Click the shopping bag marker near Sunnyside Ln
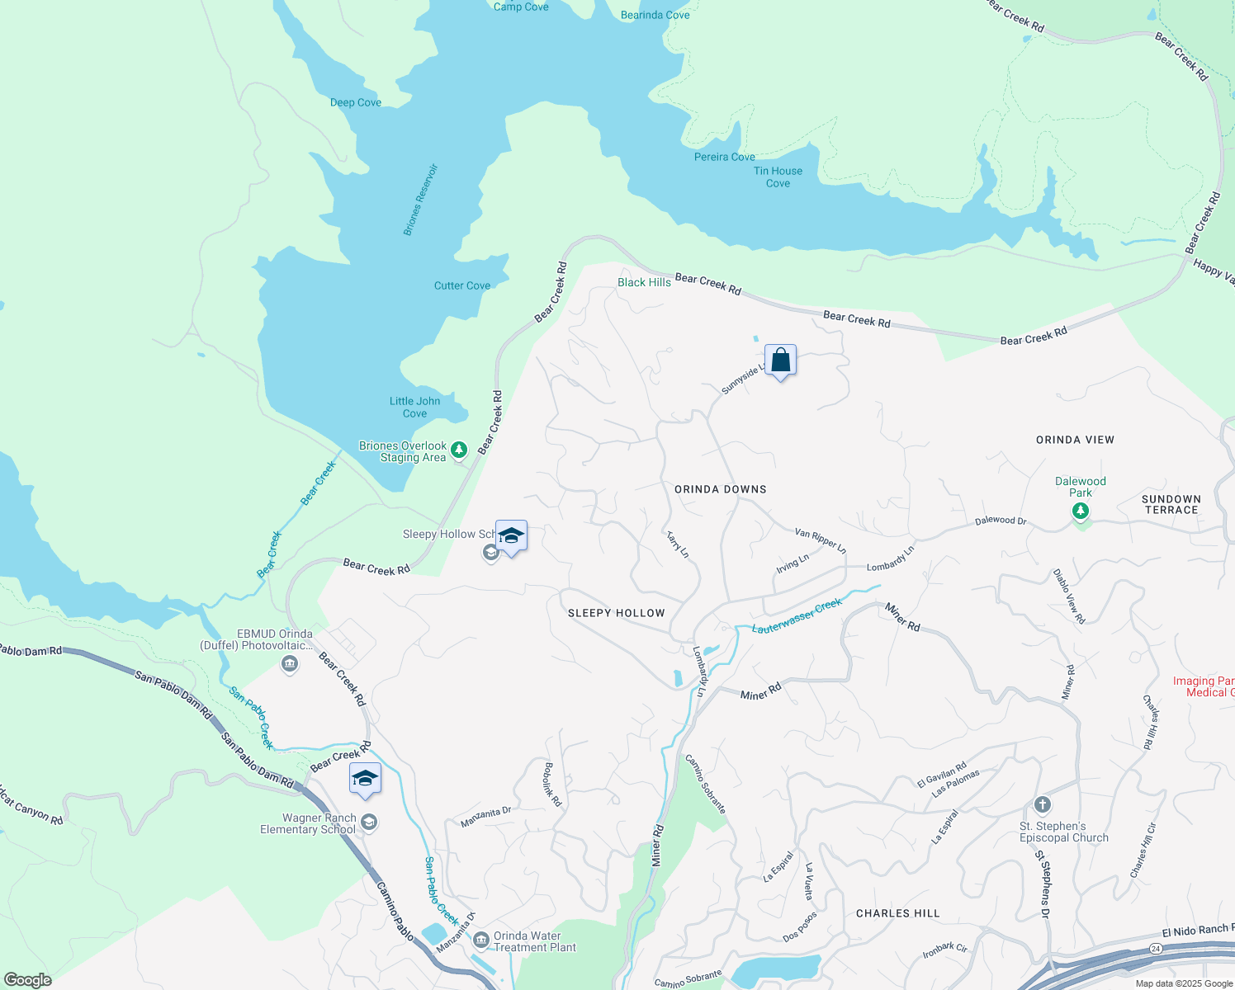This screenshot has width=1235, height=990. [x=780, y=361]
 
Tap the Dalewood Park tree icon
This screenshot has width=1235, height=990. [x=1080, y=511]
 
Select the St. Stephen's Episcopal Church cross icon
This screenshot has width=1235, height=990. [x=1042, y=804]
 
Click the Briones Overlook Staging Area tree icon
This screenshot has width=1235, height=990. [x=459, y=450]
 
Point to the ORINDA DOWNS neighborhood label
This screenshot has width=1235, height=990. [x=720, y=489]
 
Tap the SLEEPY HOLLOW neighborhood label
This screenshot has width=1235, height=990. [x=616, y=613]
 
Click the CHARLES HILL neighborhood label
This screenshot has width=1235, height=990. [x=897, y=913]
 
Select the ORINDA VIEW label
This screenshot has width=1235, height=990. [x=1075, y=440]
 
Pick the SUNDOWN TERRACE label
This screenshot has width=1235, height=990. [x=1171, y=505]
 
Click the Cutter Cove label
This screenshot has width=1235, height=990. [x=461, y=285]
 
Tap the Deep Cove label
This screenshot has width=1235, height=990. [x=355, y=102]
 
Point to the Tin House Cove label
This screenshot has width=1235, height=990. [x=778, y=177]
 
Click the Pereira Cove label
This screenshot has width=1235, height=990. [x=724, y=157]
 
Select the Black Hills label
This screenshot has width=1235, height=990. [x=644, y=282]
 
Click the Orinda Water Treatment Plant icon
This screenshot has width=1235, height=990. [x=480, y=941]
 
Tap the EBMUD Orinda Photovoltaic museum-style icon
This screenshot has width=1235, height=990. [x=289, y=663]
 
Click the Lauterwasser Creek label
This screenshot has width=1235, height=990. [x=797, y=616]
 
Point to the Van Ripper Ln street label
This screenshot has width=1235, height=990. [x=820, y=540]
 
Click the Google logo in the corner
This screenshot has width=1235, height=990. [x=28, y=980]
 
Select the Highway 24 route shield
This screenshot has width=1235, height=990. [x=1156, y=949]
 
